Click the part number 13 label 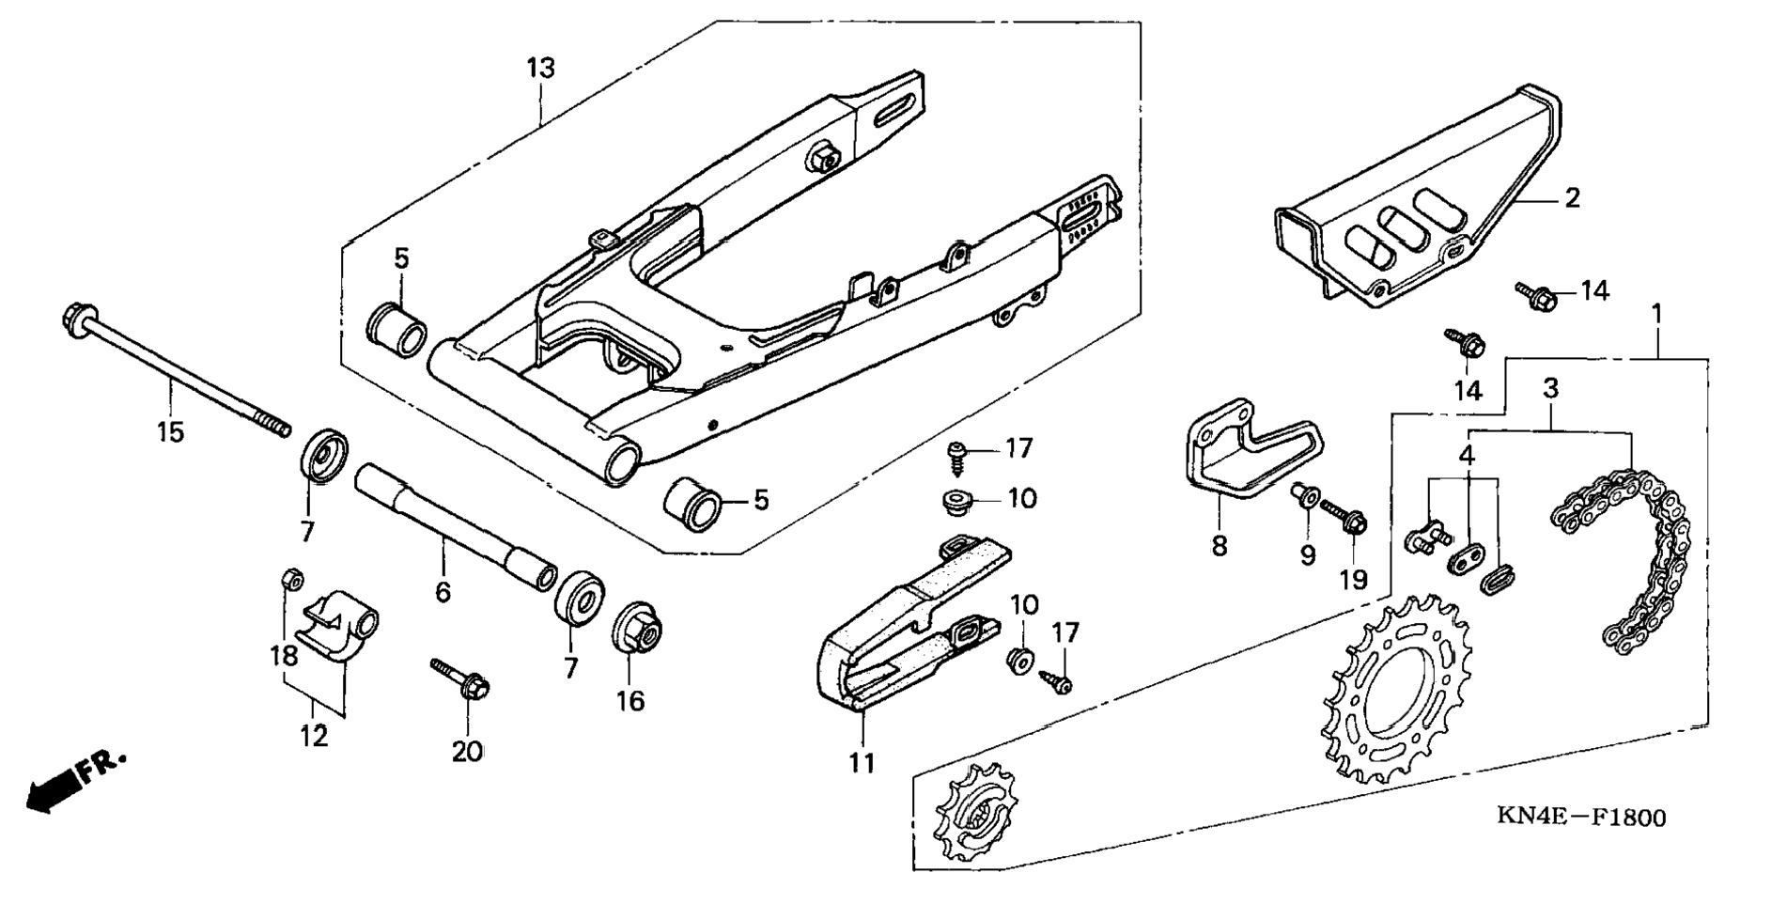click(540, 68)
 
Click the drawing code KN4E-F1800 click(1580, 817)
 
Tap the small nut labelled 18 click(291, 578)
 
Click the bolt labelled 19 click(1344, 515)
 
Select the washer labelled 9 click(1304, 494)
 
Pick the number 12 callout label click(314, 736)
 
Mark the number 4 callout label click(1467, 455)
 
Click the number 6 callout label click(443, 592)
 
